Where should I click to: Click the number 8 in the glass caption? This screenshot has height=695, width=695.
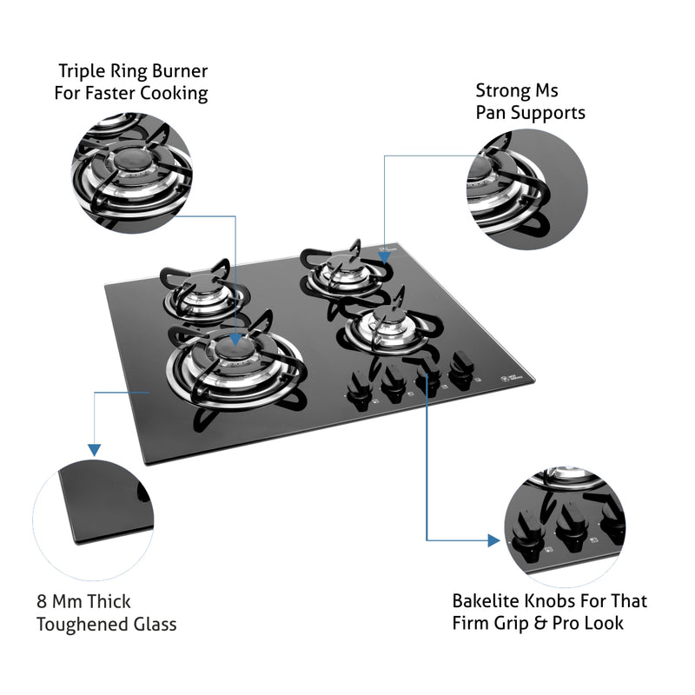click(x=43, y=601)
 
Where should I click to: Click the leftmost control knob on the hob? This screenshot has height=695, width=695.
click(x=355, y=386)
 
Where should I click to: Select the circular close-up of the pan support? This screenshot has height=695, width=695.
click(x=526, y=189)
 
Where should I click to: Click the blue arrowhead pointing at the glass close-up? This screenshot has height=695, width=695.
click(x=93, y=449)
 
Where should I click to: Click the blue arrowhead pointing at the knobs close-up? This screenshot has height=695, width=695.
click(x=495, y=540)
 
